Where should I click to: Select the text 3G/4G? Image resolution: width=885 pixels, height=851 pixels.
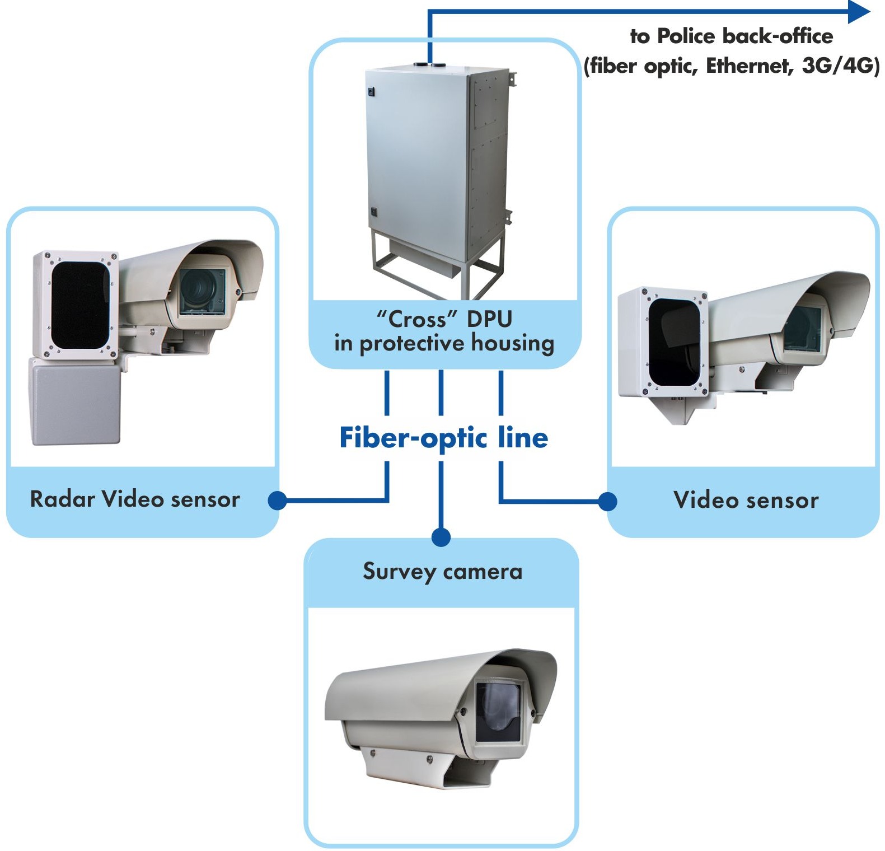(x=840, y=66)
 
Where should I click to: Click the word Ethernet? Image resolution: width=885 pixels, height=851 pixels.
(x=747, y=66)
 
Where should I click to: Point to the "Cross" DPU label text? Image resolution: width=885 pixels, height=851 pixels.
(x=444, y=319)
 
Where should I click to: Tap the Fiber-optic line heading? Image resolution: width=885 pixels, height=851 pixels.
(x=443, y=438)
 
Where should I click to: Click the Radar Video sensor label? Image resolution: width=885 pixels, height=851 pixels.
(x=135, y=499)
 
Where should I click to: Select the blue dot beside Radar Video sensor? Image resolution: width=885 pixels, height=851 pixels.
(x=277, y=501)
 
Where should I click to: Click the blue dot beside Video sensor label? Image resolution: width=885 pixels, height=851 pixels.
(x=608, y=502)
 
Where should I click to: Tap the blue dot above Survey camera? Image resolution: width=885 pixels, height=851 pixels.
(x=441, y=537)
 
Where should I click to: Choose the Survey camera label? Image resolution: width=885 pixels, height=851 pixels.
(x=442, y=572)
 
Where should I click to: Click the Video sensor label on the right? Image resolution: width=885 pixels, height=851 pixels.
(x=746, y=500)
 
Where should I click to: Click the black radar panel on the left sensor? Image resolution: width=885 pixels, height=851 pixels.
(x=79, y=305)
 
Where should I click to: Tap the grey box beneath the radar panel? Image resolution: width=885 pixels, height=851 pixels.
(x=74, y=401)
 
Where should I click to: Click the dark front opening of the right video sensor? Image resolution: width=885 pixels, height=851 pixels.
(x=674, y=342)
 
